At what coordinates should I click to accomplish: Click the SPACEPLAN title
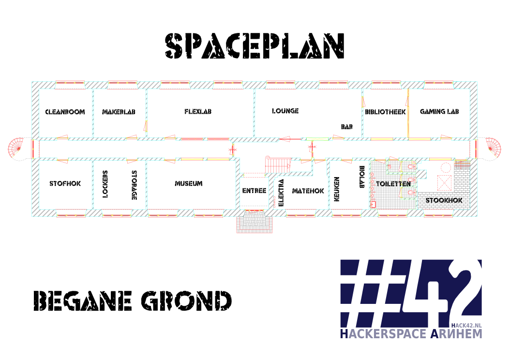[x=254, y=47]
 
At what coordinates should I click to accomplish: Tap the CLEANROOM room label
[x=65, y=112]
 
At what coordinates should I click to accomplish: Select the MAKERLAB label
[x=119, y=112]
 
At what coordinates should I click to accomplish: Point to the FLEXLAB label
[x=198, y=112]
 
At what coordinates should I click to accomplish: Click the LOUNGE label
[x=285, y=111]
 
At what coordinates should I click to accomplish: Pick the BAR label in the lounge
[x=346, y=126]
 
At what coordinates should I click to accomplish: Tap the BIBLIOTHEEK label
[x=385, y=112]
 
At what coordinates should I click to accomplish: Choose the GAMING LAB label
[x=439, y=111]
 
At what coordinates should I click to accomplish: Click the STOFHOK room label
[x=65, y=184]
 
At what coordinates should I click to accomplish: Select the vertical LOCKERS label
[x=105, y=184]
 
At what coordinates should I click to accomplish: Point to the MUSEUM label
[x=189, y=184]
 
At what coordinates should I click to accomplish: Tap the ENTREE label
[x=254, y=191]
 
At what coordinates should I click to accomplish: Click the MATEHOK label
[x=308, y=191]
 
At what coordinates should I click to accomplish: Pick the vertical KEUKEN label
[x=337, y=188]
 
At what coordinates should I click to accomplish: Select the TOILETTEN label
[x=394, y=184]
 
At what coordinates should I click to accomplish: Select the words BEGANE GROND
[x=132, y=301]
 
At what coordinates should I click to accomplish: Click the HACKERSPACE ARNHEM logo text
[x=411, y=334]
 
